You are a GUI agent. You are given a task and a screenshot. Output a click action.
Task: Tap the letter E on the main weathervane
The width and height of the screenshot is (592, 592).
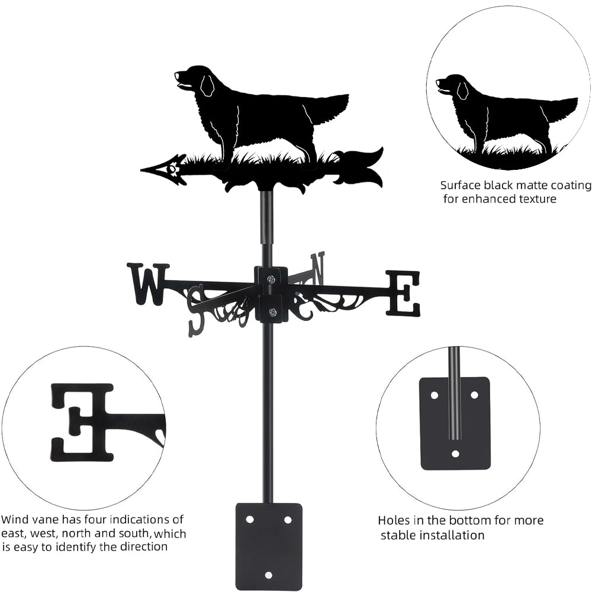point(403,293)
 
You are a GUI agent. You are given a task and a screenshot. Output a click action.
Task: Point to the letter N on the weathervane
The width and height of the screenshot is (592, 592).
point(318,268)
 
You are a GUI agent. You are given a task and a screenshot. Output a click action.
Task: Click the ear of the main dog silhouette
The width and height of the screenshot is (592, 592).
point(206,86)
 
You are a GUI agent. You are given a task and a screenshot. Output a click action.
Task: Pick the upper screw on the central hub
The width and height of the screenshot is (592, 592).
point(271,279)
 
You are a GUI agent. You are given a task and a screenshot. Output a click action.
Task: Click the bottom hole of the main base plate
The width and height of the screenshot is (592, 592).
point(269,575)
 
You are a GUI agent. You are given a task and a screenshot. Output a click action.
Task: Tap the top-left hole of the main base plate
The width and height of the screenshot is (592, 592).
point(250,519)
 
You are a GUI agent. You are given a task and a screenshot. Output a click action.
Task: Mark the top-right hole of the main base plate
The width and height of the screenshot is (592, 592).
point(288,519)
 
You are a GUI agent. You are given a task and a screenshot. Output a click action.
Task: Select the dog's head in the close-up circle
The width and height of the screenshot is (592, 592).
point(450,86)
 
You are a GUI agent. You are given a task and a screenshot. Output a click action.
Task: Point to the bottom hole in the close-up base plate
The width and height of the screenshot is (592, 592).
point(455,454)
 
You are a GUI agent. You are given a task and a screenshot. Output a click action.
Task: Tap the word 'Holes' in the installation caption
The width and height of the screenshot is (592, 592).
point(395,521)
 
